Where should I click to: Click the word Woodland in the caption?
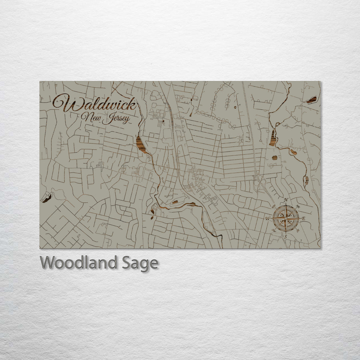(78, 263)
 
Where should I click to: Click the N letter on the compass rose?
(286, 200)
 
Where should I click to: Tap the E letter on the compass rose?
(304, 219)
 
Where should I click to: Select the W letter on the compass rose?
(267, 219)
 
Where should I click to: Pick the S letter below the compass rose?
(286, 237)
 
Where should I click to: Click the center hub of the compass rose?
(286, 218)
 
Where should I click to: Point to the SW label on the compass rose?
(274, 231)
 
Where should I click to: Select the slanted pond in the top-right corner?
(312, 100)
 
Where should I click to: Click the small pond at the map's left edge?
(47, 199)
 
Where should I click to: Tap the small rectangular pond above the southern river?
(175, 202)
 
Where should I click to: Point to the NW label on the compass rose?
(274, 206)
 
